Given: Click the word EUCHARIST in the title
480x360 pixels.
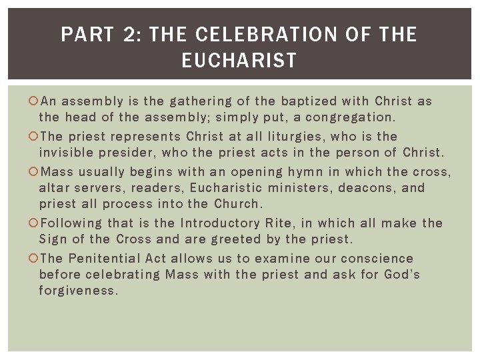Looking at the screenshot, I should (239, 61).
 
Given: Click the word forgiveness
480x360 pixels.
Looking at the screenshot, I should (78, 291).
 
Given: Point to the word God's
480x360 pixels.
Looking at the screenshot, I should (402, 275).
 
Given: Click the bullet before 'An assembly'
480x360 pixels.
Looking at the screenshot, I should (34, 101).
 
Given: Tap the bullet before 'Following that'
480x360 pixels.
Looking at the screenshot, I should (34, 223).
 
